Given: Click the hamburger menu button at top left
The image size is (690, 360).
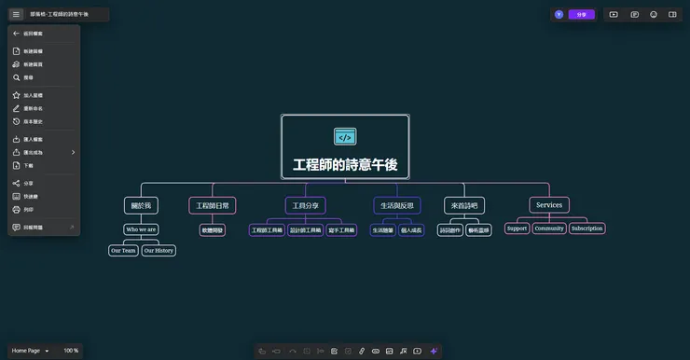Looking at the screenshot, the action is (x=16, y=14).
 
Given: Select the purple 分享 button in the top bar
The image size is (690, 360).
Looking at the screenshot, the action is (x=582, y=14).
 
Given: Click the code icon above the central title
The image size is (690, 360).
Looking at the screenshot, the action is (x=345, y=137).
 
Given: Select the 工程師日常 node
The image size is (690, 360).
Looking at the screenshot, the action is (x=213, y=205).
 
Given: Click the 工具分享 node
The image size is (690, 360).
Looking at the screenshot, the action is (x=305, y=205).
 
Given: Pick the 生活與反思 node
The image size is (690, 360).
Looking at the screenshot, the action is (x=396, y=205).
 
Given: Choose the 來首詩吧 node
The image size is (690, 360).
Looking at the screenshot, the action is (x=464, y=205).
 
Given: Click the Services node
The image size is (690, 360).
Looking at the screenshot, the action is (x=549, y=205).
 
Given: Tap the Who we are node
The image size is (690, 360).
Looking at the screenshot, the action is (x=141, y=229).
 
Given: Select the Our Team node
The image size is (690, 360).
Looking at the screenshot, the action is (x=123, y=250).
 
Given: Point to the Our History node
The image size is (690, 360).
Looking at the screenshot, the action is (x=159, y=250).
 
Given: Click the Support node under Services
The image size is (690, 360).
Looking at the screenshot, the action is (x=517, y=228).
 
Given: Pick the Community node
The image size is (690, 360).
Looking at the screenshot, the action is (x=549, y=228).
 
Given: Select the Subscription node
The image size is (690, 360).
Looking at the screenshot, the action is (x=587, y=228).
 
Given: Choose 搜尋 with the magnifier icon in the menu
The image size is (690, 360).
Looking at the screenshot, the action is (x=28, y=77).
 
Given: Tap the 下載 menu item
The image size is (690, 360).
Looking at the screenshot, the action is (x=28, y=165).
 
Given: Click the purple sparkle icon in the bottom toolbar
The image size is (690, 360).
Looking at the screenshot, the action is (x=434, y=351).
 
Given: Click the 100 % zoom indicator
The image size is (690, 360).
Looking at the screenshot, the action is (x=71, y=351).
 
